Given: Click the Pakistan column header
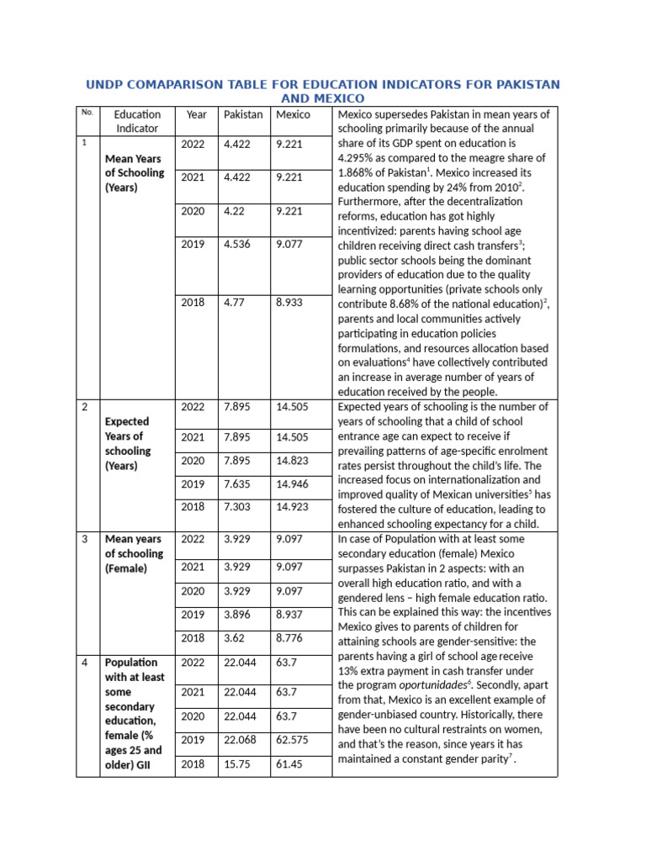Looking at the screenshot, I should (x=242, y=114).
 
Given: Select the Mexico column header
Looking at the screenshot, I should (x=293, y=114).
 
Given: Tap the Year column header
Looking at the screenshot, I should (x=196, y=114).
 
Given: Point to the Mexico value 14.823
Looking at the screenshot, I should (x=292, y=461).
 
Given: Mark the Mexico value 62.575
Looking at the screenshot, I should (x=292, y=740).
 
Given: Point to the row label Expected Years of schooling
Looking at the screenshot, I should (x=126, y=443).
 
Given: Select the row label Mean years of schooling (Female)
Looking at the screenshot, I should (x=134, y=553).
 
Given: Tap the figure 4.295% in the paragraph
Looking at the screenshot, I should (x=356, y=158).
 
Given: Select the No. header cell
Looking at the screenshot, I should (x=87, y=112).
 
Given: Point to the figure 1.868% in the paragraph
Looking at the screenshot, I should (x=356, y=172).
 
